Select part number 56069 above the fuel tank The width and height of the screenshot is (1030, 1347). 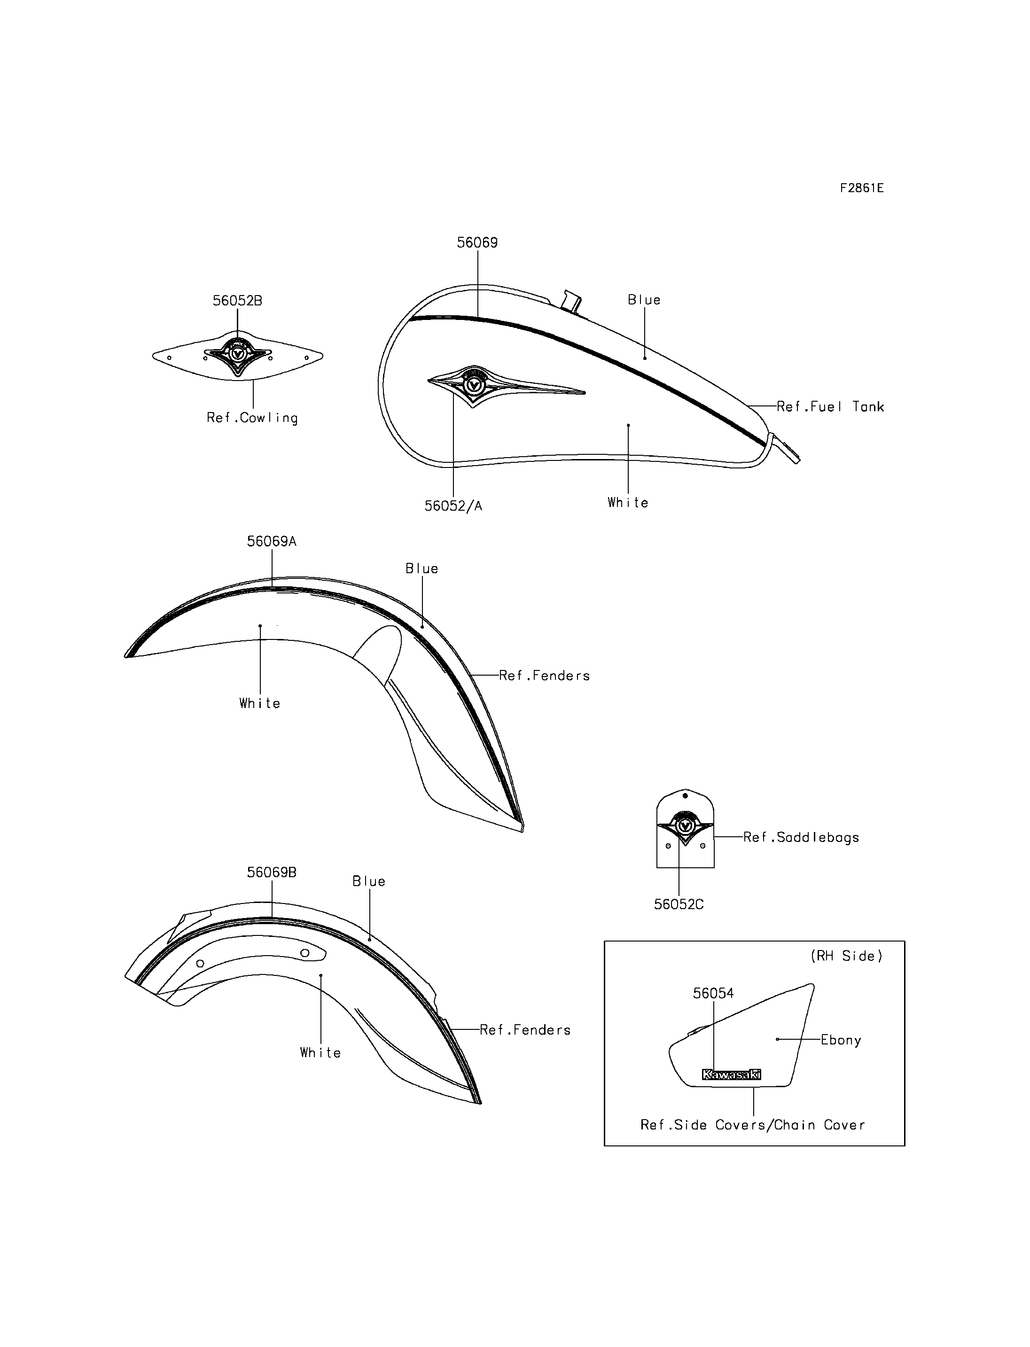point(477,243)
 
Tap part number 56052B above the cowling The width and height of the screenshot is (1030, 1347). point(237,301)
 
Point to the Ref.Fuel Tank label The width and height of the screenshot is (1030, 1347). point(830,406)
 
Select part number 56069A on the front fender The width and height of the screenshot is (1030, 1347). point(272,541)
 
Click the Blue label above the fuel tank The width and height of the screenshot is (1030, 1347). point(644,300)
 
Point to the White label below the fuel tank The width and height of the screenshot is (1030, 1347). point(628,503)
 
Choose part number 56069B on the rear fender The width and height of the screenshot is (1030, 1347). point(272,872)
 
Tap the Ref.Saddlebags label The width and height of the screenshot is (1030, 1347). point(801,838)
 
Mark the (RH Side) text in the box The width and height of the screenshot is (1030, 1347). point(846,956)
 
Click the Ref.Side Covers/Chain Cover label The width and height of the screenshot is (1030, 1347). point(753,1125)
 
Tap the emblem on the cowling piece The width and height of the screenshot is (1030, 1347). point(238,354)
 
